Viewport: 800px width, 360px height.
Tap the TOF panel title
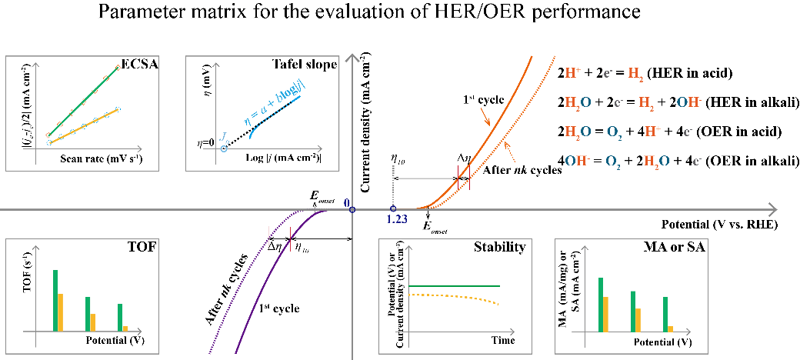[142, 248]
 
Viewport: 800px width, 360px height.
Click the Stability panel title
[500, 248]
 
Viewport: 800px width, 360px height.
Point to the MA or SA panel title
[678, 248]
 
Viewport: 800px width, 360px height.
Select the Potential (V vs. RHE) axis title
[718, 225]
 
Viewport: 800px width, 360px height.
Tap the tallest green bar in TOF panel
[55, 301]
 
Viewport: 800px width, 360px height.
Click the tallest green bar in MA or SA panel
[600, 305]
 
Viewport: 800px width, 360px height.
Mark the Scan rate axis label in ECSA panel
[102, 159]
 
